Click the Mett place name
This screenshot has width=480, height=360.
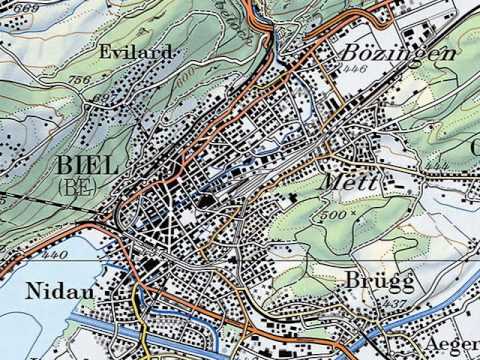[x=351, y=184]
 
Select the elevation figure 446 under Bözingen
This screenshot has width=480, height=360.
[x=351, y=69]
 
